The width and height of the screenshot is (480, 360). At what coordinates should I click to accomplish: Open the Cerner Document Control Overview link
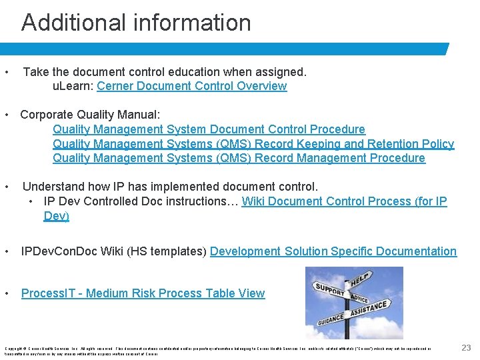192,86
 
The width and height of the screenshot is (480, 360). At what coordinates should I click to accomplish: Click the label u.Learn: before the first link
73,86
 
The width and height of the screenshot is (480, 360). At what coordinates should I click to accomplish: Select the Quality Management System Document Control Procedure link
209,129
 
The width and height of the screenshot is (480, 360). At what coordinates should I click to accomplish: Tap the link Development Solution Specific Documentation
333,251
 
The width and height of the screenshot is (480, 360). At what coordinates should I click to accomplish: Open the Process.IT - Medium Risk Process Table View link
143,293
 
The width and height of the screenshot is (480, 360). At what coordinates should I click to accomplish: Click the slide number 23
466,347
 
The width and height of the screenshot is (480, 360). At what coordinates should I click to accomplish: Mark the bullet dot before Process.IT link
7,293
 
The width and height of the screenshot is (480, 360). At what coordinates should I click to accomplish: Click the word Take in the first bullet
35,71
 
